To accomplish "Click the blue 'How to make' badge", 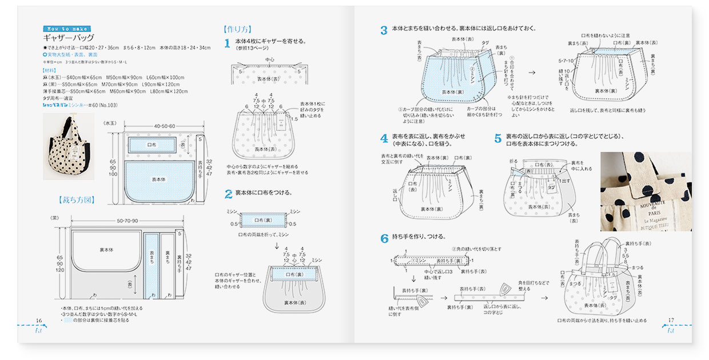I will click(66, 29).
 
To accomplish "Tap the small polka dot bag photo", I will click(69, 146).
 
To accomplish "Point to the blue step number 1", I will click(227, 43).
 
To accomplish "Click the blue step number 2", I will click(228, 194).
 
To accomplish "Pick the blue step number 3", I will click(384, 30).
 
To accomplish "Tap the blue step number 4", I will click(384, 139).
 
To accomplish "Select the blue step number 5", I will click(497, 139).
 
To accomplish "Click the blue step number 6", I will click(384, 238).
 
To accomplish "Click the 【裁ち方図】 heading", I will click(76, 200).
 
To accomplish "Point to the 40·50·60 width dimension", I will click(164, 126).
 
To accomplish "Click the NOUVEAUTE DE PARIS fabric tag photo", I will click(646, 191).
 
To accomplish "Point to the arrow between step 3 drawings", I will click(532, 73).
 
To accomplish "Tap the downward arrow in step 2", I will click(277, 246).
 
